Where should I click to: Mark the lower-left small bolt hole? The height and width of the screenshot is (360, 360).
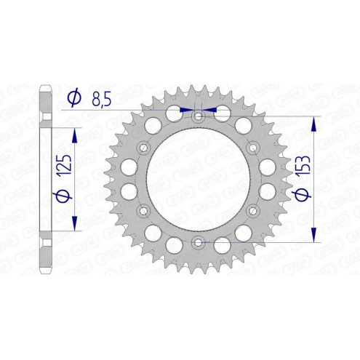[x=143, y=210]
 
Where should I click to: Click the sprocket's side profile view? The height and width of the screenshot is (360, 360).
[x=45, y=178]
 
